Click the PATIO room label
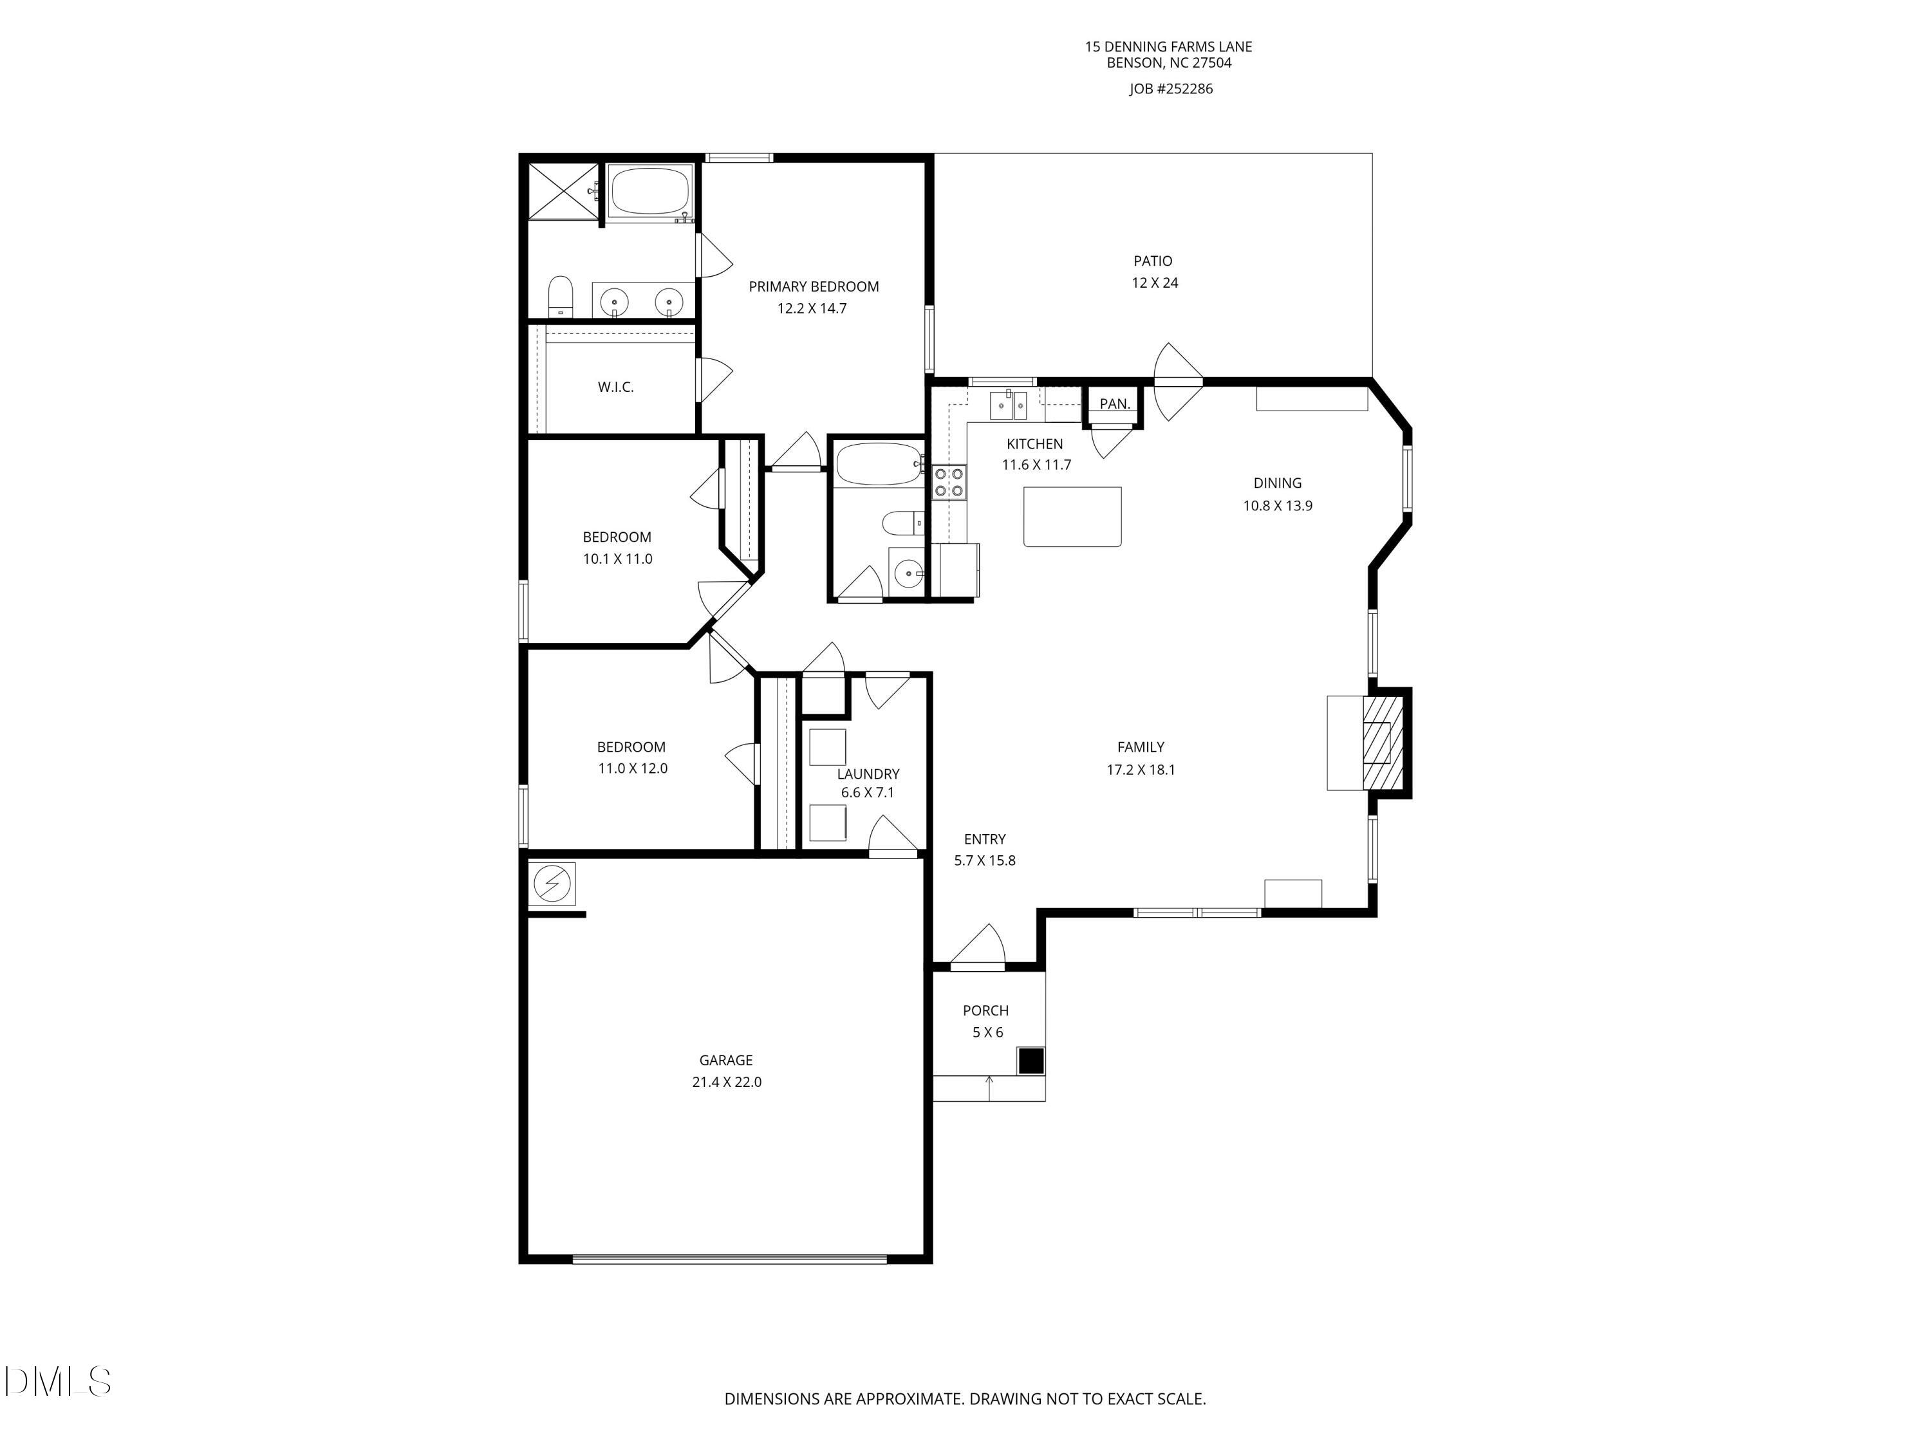[1152, 261]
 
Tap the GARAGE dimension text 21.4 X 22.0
[726, 1082]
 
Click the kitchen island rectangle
[1072, 517]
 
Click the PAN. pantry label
[1115, 404]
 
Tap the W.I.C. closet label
[615, 387]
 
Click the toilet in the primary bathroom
[559, 297]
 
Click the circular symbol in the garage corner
[552, 885]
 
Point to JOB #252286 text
[1171, 89]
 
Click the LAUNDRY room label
[868, 774]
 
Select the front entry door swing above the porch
[978, 947]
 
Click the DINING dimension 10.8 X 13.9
[1277, 505]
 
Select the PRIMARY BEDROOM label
[814, 286]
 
